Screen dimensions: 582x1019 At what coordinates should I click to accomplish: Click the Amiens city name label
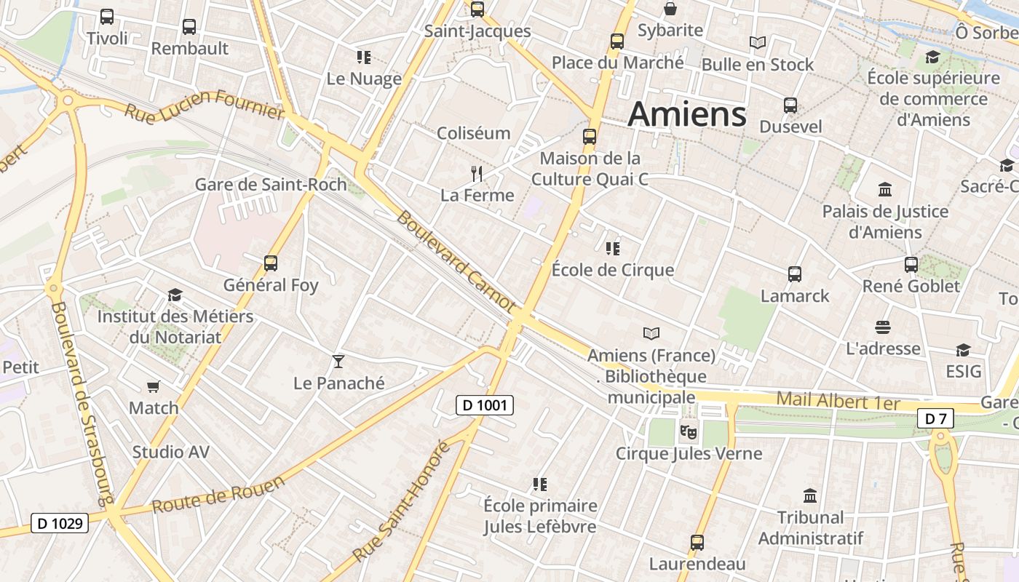point(687,114)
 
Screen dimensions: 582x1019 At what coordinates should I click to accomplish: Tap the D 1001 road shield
point(485,405)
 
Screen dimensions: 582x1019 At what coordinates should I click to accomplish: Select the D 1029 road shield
point(59,522)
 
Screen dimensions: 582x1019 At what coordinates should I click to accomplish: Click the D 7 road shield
point(935,418)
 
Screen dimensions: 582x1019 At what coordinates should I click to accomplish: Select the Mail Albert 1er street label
point(838,401)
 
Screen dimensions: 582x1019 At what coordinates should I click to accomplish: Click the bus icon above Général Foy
point(271,263)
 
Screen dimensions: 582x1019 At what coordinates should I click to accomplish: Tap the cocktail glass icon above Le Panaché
point(338,361)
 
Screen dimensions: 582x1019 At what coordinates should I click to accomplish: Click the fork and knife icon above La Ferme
point(477,173)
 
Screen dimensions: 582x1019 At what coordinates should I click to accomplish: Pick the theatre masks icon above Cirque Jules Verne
point(688,431)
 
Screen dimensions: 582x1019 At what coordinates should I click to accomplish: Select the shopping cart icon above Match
point(153,386)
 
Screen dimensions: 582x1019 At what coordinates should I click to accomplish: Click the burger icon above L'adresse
point(883,327)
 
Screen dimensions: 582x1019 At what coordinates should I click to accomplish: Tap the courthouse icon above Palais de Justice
point(885,190)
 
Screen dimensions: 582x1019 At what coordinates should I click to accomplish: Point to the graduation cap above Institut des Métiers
point(175,295)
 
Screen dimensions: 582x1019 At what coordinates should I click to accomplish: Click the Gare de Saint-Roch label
point(271,184)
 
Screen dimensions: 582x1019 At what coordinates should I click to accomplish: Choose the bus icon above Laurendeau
point(697,543)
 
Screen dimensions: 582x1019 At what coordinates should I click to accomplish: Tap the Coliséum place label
point(473,133)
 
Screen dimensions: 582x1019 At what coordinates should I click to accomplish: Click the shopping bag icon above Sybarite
point(670,9)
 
